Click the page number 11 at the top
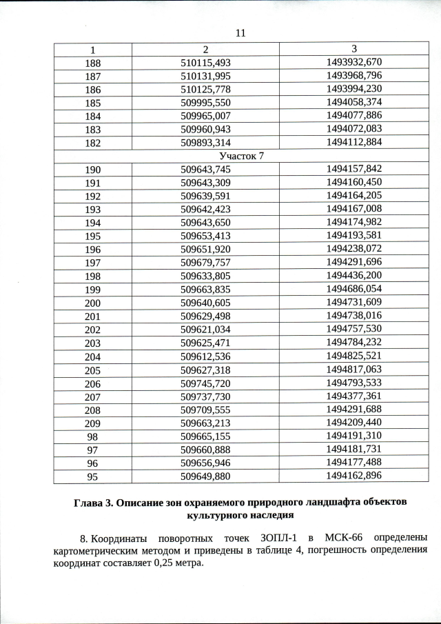click(x=240, y=33)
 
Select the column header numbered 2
click(x=205, y=49)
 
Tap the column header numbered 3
click(x=353, y=49)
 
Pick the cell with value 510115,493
click(x=205, y=63)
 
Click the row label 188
click(x=92, y=63)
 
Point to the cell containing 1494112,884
click(x=353, y=143)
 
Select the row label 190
click(x=92, y=169)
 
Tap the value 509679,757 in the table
click(x=205, y=263)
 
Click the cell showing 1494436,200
click(x=353, y=276)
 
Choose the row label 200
click(x=92, y=303)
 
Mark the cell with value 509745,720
click(x=205, y=383)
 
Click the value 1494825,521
click(x=353, y=356)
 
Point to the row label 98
click(x=92, y=436)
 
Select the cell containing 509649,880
click(x=205, y=476)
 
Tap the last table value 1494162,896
click(x=353, y=476)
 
